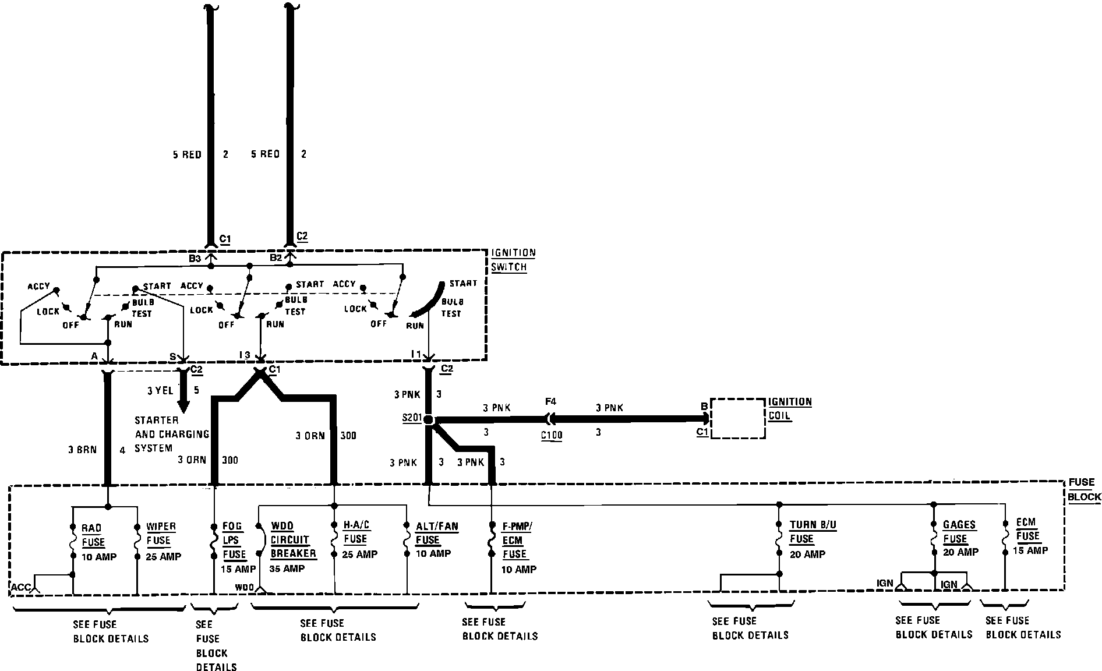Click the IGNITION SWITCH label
pos(513,260)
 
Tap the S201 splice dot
pos(429,419)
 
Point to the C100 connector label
pos(551,435)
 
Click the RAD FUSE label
pos(93,535)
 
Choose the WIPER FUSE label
pos(161,534)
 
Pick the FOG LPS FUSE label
pos(234,540)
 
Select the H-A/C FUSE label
pos(355,532)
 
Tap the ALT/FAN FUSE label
pos(436,533)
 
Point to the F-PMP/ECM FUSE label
pos(517,541)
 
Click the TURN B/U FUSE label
pos(813,532)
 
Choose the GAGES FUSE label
pos(959,532)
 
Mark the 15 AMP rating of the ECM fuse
pos(1030,550)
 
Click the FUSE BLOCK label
pos(1084,489)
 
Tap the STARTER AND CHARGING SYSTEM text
pos(164,434)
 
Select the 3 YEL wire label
pos(160,390)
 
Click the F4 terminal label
pos(550,401)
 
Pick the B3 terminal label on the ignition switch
pos(195,258)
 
